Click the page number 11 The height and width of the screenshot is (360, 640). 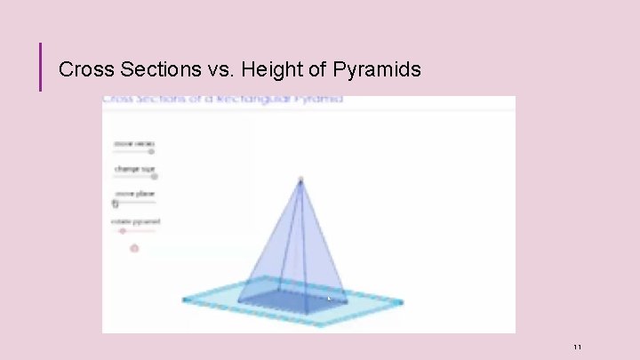click(577, 346)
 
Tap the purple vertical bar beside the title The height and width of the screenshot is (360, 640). click(40, 68)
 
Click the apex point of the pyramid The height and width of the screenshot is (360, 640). click(300, 180)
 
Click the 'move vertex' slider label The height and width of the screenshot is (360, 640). click(133, 142)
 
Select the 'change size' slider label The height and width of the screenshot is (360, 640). click(133, 168)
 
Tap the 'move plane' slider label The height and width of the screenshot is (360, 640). click(133, 193)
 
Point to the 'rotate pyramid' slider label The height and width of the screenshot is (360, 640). click(135, 220)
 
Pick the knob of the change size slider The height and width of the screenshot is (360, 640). click(154, 176)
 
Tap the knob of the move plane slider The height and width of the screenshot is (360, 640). click(116, 203)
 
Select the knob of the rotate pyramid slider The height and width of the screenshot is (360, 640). click(123, 230)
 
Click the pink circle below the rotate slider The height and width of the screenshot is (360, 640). click(135, 248)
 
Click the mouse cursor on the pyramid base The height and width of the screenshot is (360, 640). click(329, 299)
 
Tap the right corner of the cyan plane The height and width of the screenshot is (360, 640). click(401, 302)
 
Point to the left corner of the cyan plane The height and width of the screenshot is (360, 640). click(185, 300)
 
